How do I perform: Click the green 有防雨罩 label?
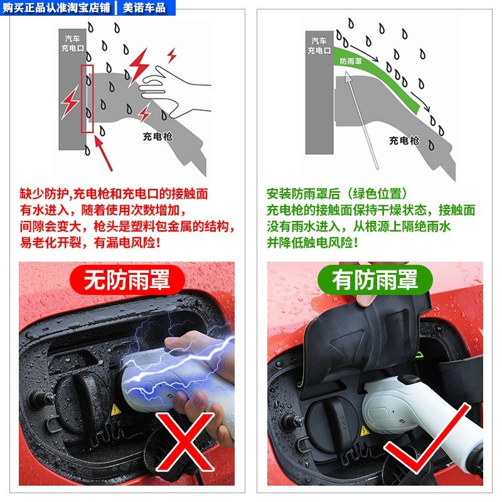click(375, 279)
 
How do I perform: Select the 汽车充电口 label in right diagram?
click(318, 45)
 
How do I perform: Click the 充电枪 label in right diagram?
click(403, 140)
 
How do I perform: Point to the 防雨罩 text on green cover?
click(350, 61)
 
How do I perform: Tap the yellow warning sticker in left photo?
click(115, 410)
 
